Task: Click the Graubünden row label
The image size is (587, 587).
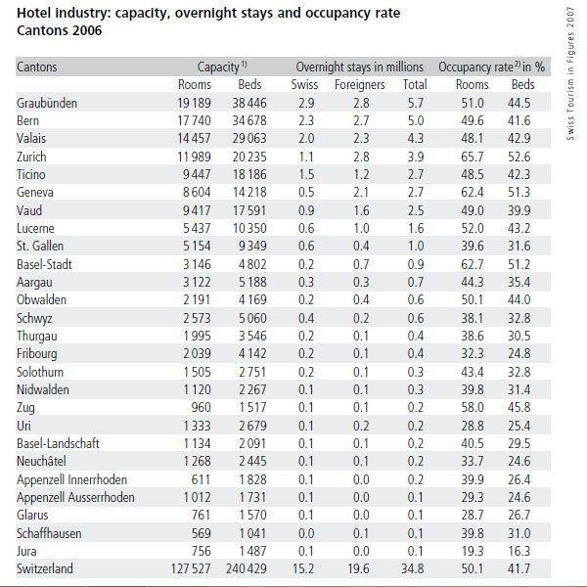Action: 47,103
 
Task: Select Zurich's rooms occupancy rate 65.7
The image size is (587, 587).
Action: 473,157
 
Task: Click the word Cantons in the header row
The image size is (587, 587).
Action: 37,68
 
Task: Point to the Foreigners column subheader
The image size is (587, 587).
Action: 359,85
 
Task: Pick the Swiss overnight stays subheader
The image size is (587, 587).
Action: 304,85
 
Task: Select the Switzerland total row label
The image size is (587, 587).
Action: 46,568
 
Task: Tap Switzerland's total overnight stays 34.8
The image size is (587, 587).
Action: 414,568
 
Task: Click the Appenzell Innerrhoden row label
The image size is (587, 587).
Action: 71,479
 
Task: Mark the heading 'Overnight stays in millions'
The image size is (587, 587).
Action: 359,68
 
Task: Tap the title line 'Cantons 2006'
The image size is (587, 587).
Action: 59,30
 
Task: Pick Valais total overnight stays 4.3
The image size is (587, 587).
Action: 415,139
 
